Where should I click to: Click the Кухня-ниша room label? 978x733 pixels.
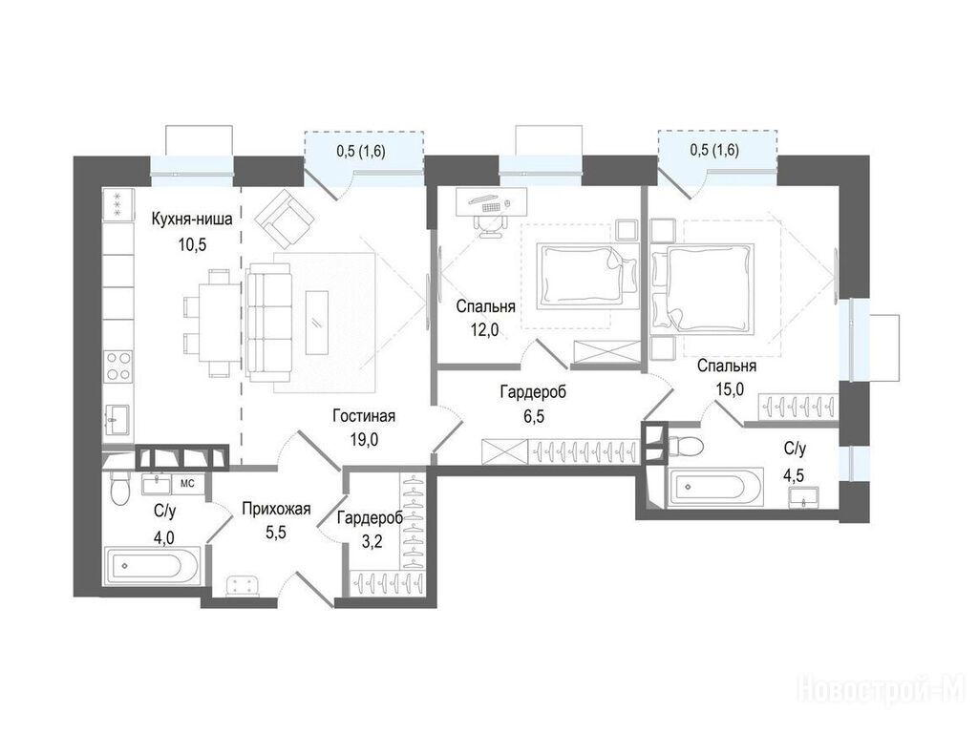pyautogui.click(x=192, y=219)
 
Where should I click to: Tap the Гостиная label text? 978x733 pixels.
pyautogui.click(x=364, y=415)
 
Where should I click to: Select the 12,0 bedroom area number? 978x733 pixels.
pyautogui.click(x=484, y=329)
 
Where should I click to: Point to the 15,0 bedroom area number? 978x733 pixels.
pyautogui.click(x=729, y=389)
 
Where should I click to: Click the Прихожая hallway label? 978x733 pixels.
pyautogui.click(x=276, y=510)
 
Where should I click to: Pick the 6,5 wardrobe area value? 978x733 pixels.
pyautogui.click(x=533, y=416)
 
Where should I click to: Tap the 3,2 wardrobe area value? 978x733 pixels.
pyautogui.click(x=372, y=540)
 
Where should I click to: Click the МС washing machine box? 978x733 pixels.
pyautogui.click(x=187, y=483)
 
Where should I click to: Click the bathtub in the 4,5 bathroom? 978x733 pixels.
pyautogui.click(x=715, y=486)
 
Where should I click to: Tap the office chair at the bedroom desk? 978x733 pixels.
pyautogui.click(x=491, y=224)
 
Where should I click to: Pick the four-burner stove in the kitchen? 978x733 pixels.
pyautogui.click(x=118, y=366)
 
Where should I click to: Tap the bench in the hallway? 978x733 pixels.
pyautogui.click(x=242, y=586)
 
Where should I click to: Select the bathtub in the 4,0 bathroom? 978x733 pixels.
pyautogui.click(x=152, y=566)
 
